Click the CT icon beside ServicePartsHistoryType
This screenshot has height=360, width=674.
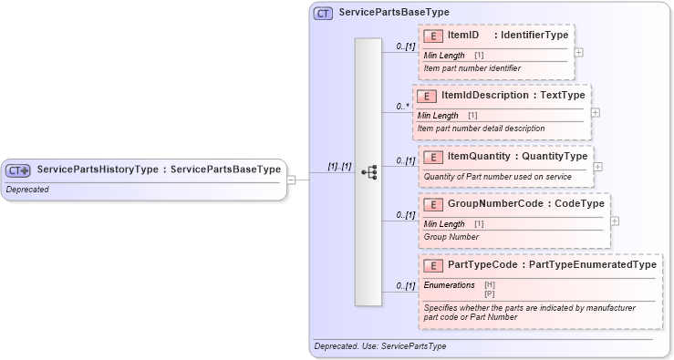pyautogui.click(x=18, y=170)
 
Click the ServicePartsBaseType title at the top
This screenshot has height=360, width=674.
pyautogui.click(x=393, y=13)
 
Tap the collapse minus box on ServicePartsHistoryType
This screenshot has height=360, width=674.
pyautogui.click(x=291, y=179)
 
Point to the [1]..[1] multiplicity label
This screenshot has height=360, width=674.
pyautogui.click(x=339, y=167)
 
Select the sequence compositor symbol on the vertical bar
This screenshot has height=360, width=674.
pyautogui.click(x=368, y=171)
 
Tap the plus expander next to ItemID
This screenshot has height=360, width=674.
pyautogui.click(x=579, y=52)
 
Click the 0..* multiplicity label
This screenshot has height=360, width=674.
pyautogui.click(x=402, y=107)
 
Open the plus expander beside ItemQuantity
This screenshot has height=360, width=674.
pyautogui.click(x=598, y=167)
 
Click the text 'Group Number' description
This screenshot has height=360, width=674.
pyautogui.click(x=451, y=237)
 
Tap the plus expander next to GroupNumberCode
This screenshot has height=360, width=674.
pyautogui.click(x=616, y=221)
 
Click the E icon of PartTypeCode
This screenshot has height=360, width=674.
pyautogui.click(x=434, y=264)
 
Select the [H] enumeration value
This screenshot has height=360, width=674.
pyautogui.click(x=490, y=284)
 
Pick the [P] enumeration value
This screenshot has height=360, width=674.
pyautogui.click(x=490, y=293)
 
